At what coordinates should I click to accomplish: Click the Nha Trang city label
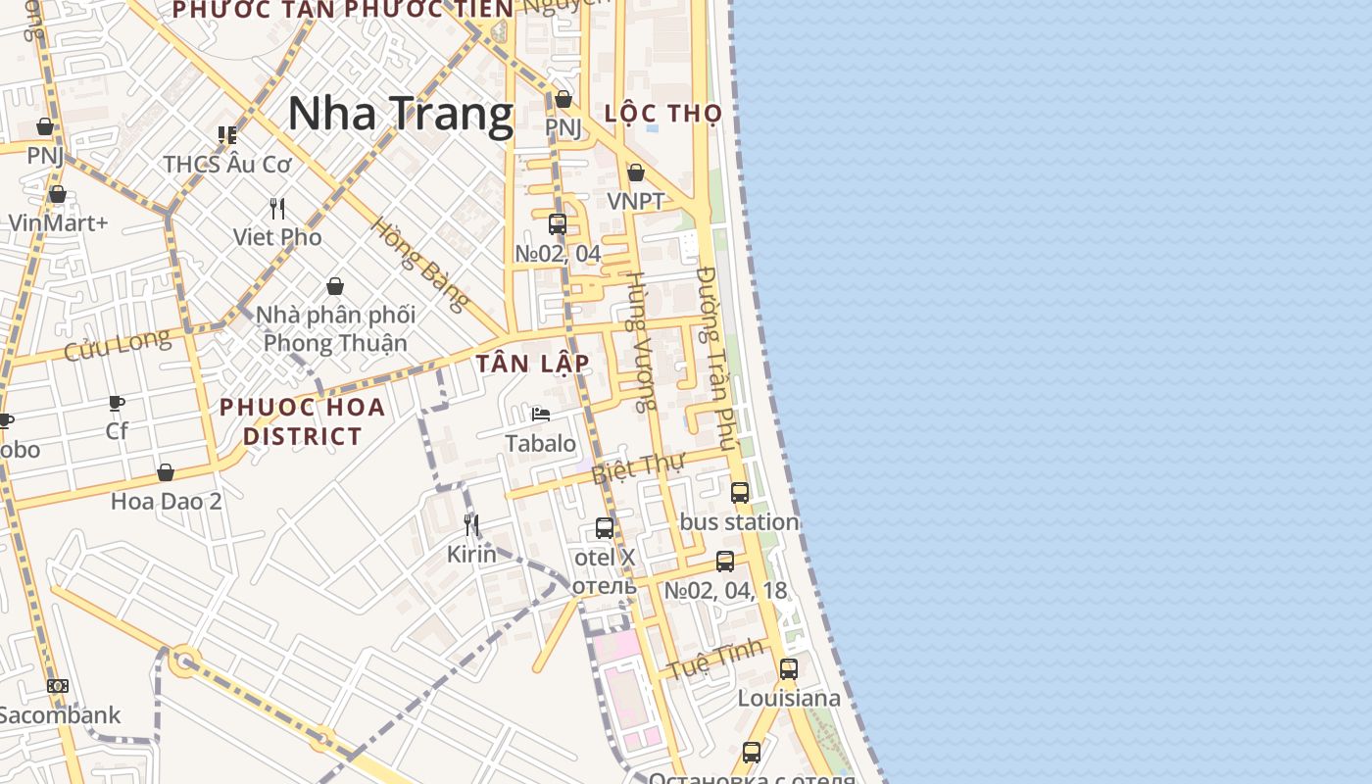click(400, 114)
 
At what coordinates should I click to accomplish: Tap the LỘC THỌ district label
click(663, 113)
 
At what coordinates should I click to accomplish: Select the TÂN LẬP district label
click(533, 364)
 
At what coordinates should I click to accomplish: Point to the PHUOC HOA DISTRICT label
click(302, 421)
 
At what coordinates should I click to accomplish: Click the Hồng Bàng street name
click(418, 264)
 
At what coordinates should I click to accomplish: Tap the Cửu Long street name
click(117, 345)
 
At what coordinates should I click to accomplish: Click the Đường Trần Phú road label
click(716, 359)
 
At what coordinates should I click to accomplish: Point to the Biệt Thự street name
click(637, 467)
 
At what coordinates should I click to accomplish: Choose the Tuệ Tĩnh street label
click(715, 658)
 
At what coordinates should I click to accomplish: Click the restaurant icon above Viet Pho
click(277, 208)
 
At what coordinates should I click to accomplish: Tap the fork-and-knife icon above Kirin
click(471, 525)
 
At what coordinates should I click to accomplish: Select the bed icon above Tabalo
click(540, 415)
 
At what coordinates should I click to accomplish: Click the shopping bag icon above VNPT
click(636, 172)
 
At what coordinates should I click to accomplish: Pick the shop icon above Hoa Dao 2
click(166, 472)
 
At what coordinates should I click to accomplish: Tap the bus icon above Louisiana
click(788, 669)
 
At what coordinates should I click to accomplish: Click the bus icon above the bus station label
click(740, 493)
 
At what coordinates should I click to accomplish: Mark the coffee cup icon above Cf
click(117, 403)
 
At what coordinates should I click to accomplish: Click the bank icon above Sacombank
click(58, 686)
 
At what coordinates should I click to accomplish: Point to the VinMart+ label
click(58, 222)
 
